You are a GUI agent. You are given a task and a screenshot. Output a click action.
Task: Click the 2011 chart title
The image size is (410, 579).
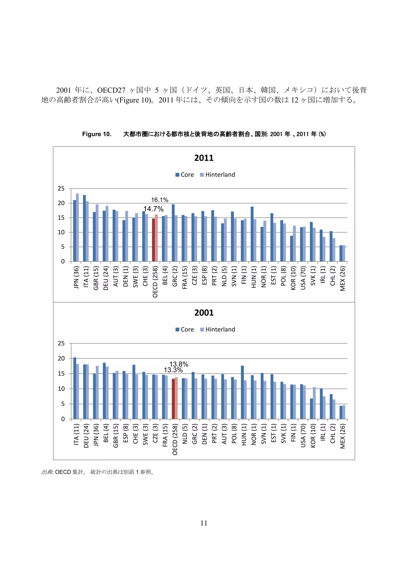click(204, 158)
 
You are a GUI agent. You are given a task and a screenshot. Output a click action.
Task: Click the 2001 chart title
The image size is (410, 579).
click(204, 313)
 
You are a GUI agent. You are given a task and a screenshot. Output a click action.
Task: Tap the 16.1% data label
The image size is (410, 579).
click(160, 200)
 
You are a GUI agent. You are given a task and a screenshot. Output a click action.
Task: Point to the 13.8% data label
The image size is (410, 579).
click(179, 364)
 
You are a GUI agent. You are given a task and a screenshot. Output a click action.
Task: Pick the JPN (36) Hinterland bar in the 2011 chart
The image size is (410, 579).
click(77, 227)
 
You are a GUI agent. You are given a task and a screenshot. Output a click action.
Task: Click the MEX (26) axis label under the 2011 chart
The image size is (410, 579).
click(342, 279)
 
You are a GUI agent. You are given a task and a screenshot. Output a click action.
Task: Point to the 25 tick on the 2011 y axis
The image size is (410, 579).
click(61, 189)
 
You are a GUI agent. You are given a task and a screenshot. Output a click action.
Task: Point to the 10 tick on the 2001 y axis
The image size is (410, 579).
click(61, 389)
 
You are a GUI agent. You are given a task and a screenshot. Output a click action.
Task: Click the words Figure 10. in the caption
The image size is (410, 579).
click(97, 134)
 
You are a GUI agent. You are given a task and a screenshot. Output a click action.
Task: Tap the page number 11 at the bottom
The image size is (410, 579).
click(204, 523)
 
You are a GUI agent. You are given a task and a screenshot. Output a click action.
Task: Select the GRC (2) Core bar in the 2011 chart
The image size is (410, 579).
click(173, 233)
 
